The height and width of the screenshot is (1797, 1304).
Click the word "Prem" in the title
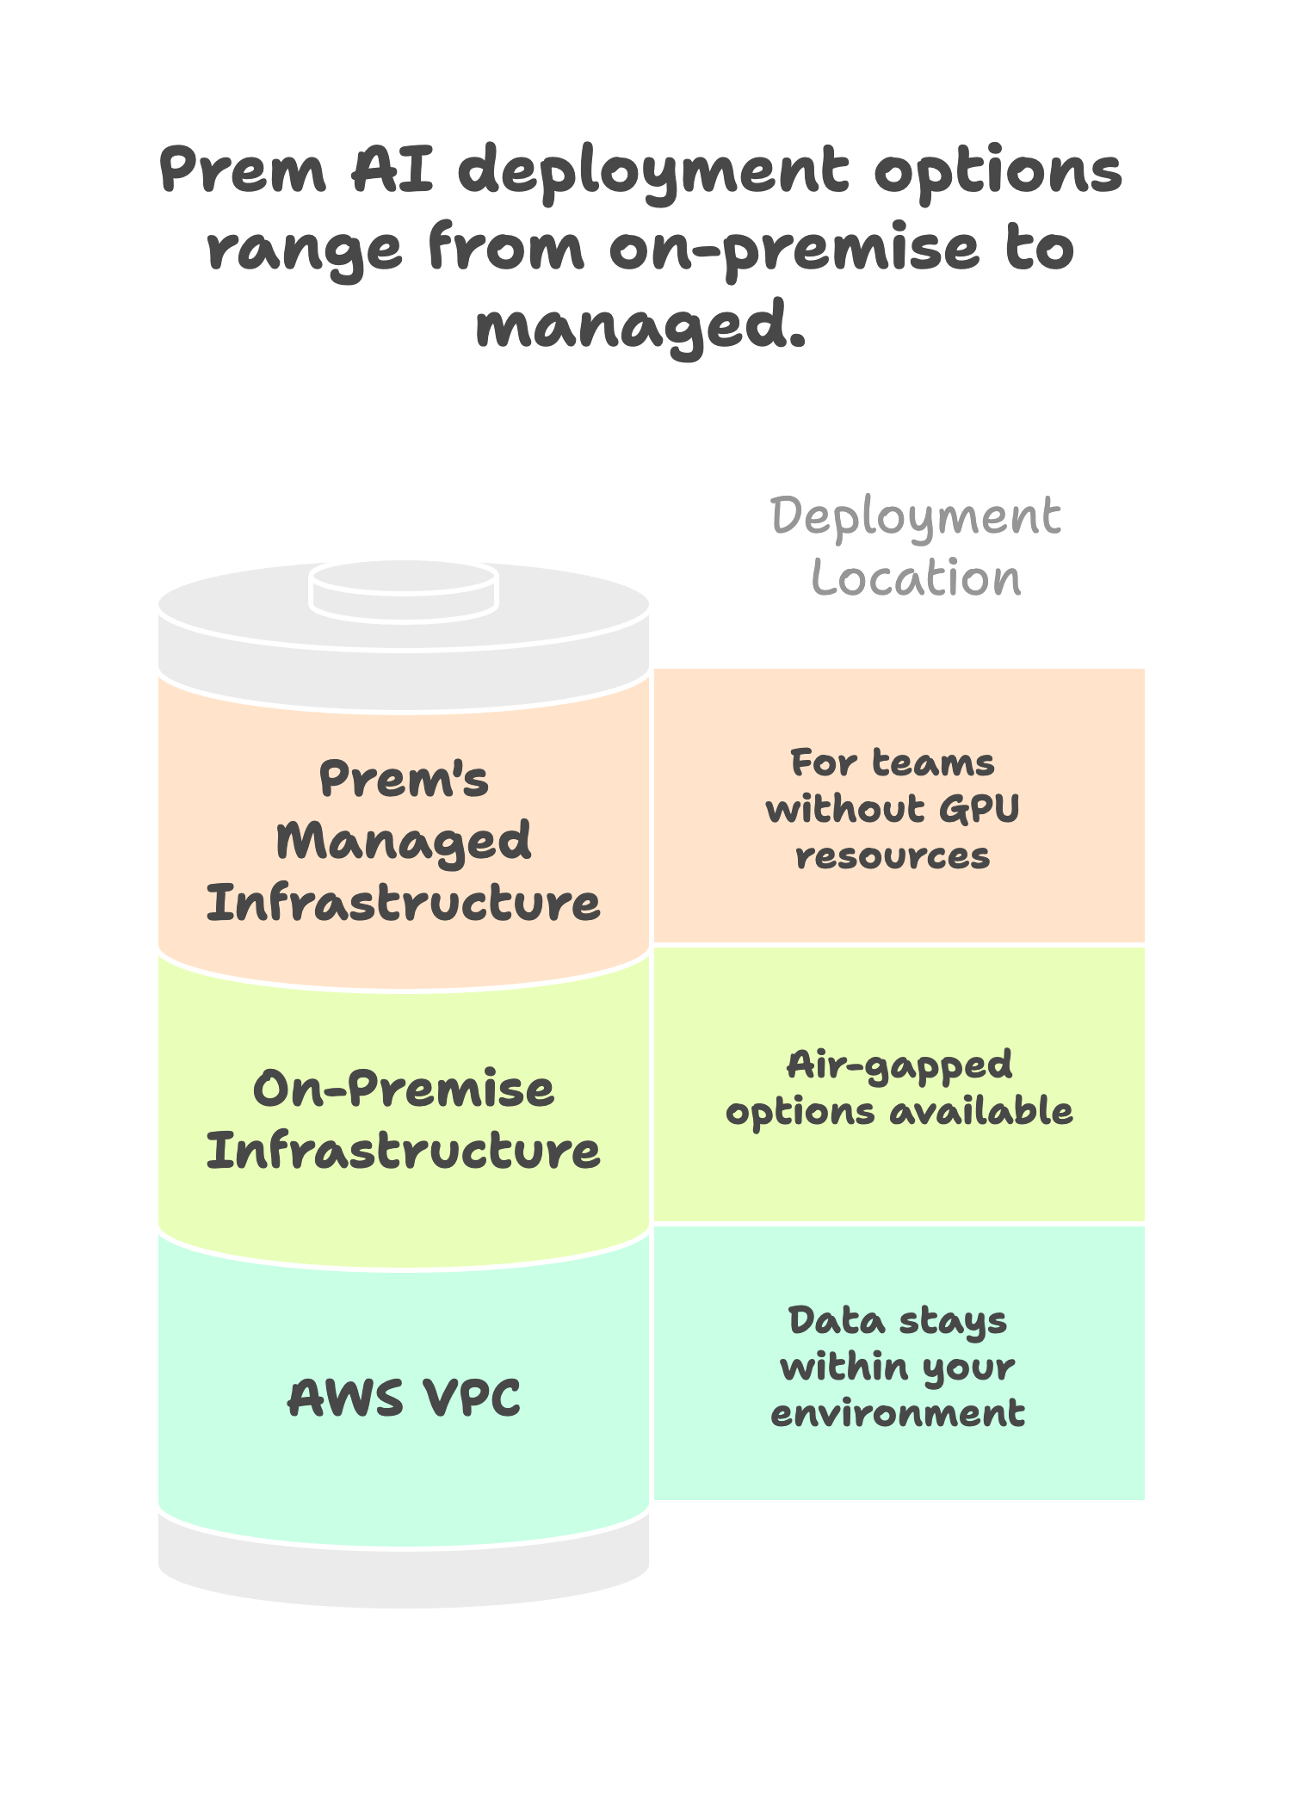click(x=243, y=170)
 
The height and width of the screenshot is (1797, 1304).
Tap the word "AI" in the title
click(x=392, y=170)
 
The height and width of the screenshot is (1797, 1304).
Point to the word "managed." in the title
click(x=641, y=327)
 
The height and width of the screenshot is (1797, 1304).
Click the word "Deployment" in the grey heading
click(x=915, y=518)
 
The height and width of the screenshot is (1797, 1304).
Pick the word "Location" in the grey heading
click(x=916, y=578)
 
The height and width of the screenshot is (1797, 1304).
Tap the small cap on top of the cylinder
click(x=404, y=590)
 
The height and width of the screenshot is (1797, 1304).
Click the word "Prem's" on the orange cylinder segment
click(x=404, y=780)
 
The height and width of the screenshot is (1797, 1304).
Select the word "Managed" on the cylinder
click(x=404, y=842)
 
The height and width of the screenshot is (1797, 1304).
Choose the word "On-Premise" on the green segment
click(x=404, y=1090)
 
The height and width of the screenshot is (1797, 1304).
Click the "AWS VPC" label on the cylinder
click(x=404, y=1398)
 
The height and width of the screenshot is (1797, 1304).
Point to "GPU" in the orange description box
click(x=979, y=809)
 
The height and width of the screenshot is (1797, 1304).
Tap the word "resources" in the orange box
click(x=893, y=856)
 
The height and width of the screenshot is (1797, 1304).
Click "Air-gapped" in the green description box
click(x=899, y=1065)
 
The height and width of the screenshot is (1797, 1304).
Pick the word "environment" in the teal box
click(x=898, y=1413)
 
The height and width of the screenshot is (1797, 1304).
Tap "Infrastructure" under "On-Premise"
click(x=404, y=1152)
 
